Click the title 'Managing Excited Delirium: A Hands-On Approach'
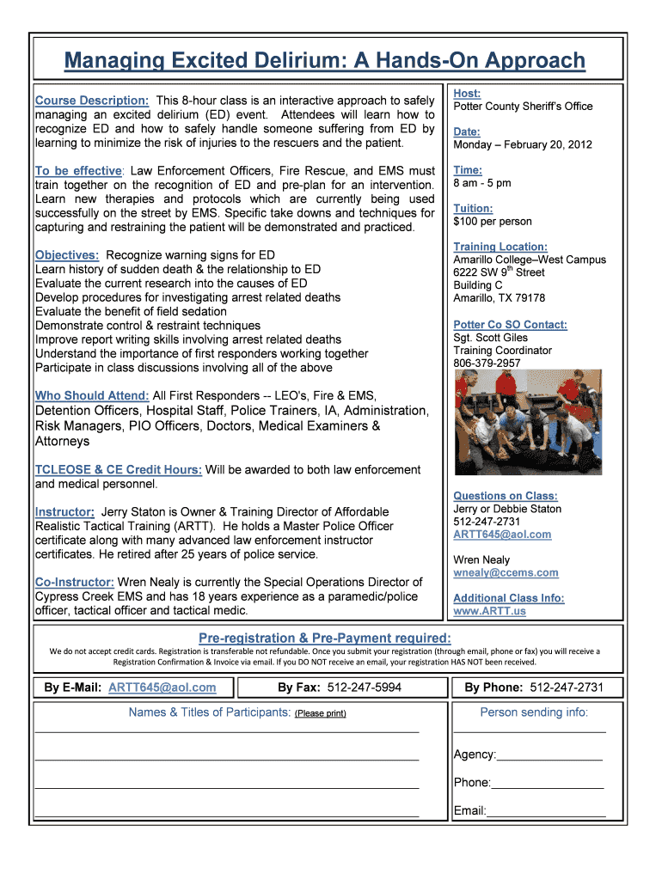tap(325, 61)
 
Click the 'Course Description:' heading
tap(92, 101)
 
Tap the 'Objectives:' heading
tap(67, 255)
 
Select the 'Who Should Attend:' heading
tap(92, 395)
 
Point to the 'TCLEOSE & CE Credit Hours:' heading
tap(119, 470)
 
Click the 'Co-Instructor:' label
tap(75, 582)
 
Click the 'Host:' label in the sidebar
tap(467, 93)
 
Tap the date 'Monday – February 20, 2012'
tap(523, 144)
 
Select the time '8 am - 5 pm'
tap(482, 183)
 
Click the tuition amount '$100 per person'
tap(493, 222)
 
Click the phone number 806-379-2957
tap(487, 364)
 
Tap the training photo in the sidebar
tap(528, 425)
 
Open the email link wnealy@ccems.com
tap(506, 572)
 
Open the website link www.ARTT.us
tap(489, 611)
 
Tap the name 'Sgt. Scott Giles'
tap(491, 338)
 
